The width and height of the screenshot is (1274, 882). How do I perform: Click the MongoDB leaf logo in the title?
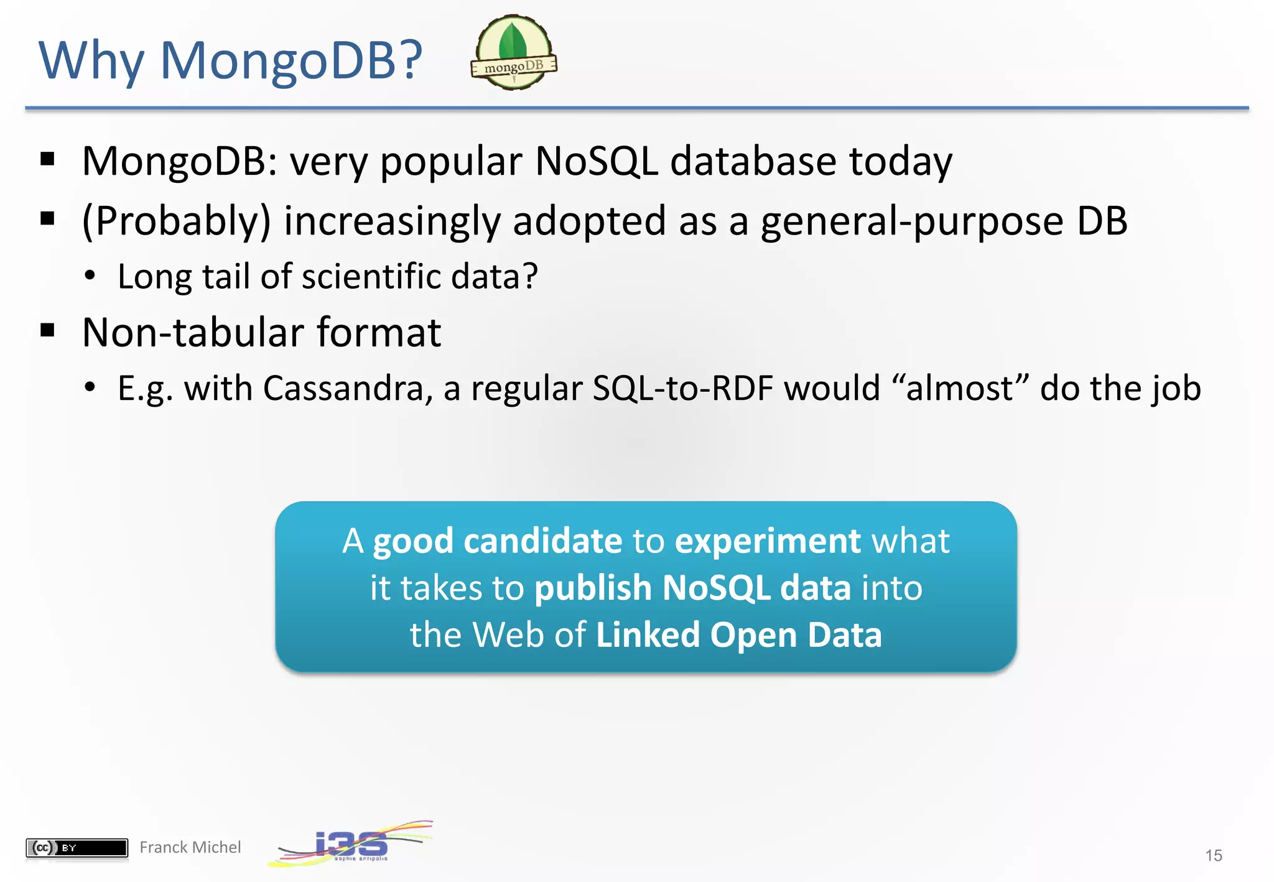pyautogui.click(x=514, y=52)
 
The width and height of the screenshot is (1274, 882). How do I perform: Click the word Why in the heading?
pyautogui.click(x=91, y=60)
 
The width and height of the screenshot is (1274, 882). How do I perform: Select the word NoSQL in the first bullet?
pyautogui.click(x=596, y=161)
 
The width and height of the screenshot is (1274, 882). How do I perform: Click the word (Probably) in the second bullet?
pyautogui.click(x=177, y=221)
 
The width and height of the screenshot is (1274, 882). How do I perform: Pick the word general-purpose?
pyautogui.click(x=912, y=221)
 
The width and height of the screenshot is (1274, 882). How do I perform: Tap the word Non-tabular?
pyautogui.click(x=193, y=332)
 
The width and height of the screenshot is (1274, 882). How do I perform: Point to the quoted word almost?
pyautogui.click(x=960, y=388)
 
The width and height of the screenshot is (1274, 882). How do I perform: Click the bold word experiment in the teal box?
pyautogui.click(x=768, y=541)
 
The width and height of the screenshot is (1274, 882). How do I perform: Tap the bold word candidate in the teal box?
pyautogui.click(x=542, y=541)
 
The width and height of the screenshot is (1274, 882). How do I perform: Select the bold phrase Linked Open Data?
pyautogui.click(x=738, y=634)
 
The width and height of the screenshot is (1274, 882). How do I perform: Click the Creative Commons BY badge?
pyautogui.click(x=77, y=847)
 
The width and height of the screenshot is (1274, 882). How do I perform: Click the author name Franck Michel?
pyautogui.click(x=190, y=847)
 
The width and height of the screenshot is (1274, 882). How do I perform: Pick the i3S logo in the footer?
pyautogui.click(x=351, y=845)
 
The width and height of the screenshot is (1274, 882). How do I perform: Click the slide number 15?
pyautogui.click(x=1213, y=855)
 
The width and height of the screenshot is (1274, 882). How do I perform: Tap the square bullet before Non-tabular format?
pyautogui.click(x=47, y=330)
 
